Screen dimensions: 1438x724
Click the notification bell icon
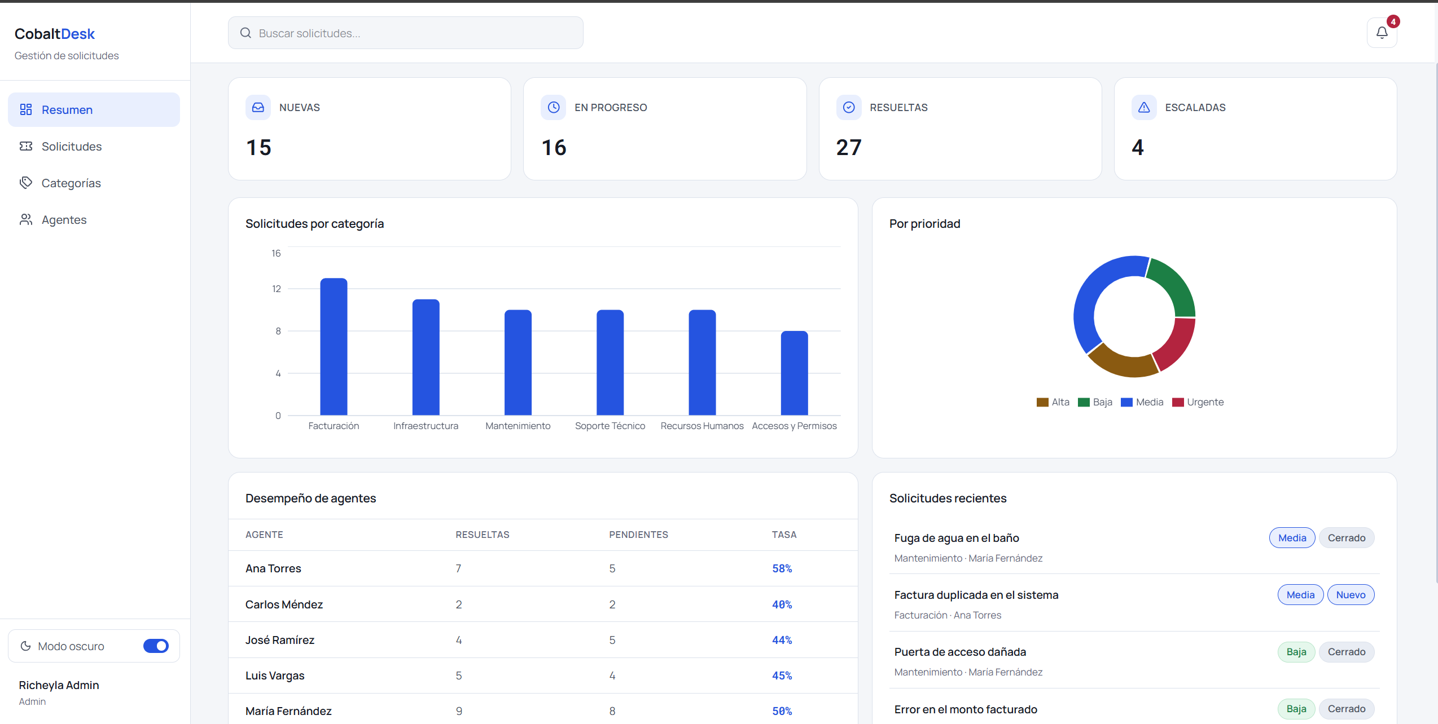click(x=1382, y=33)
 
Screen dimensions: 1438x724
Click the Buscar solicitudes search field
click(x=405, y=33)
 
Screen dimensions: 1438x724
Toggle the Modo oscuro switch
click(x=156, y=646)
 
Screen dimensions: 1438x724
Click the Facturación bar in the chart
click(x=334, y=347)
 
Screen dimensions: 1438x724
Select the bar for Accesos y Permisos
click(x=794, y=373)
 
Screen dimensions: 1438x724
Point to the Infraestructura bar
click(x=426, y=357)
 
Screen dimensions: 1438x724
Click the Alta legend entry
click(x=1053, y=402)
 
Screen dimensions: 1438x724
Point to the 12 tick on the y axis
click(x=276, y=289)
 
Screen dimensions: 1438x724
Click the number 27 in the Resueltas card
click(x=849, y=148)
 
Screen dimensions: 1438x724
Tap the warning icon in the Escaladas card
click(x=1144, y=107)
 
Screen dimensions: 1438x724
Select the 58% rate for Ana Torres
click(x=782, y=568)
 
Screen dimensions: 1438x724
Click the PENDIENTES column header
click(x=638, y=535)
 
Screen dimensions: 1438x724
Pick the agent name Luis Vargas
click(x=275, y=676)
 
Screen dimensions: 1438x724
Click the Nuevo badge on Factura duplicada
click(x=1351, y=595)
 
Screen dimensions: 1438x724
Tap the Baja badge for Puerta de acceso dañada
click(x=1296, y=652)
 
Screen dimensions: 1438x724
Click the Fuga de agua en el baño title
click(x=957, y=538)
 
